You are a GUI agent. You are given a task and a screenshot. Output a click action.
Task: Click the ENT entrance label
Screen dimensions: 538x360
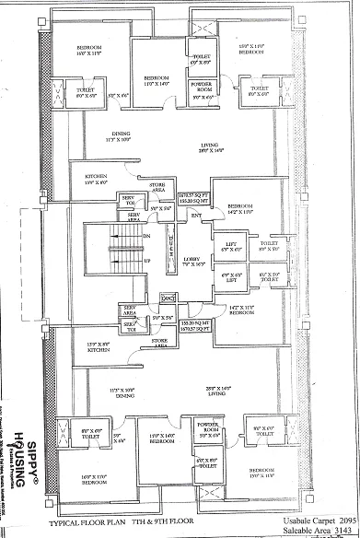pos(195,217)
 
